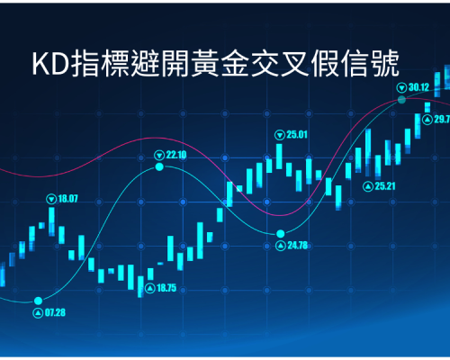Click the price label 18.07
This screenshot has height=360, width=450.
click(67, 199)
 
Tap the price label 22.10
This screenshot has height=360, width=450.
click(176, 155)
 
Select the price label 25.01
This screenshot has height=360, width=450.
click(297, 135)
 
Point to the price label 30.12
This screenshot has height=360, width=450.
click(418, 87)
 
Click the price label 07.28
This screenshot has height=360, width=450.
click(55, 312)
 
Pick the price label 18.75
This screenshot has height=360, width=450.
click(166, 288)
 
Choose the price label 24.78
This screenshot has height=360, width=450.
click(298, 246)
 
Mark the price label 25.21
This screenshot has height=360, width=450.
click(385, 186)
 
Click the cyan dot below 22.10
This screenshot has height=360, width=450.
click(159, 166)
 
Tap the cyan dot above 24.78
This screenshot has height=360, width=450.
click(281, 233)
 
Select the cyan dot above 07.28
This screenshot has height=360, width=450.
click(38, 301)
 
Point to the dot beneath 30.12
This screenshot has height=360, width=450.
click(401, 100)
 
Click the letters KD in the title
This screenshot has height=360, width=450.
click(51, 64)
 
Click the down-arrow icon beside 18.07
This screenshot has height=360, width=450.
click(51, 199)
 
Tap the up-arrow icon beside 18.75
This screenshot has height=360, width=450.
click(150, 288)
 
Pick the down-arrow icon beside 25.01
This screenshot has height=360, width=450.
click(280, 135)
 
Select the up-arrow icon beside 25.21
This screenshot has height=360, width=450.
click(368, 186)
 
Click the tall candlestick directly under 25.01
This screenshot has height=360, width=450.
click(279, 157)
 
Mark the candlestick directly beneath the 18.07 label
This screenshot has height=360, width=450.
click(51, 221)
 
